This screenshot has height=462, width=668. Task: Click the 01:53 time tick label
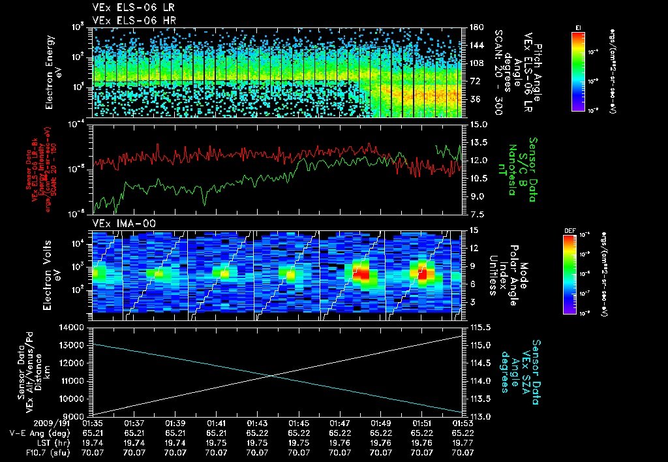coord(463,423)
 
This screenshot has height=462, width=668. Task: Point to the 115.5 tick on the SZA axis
coord(481,327)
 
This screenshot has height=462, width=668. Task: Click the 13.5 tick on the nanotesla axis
coord(479,142)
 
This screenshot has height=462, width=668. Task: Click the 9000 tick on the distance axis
coord(76,416)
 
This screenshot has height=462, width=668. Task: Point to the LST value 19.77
coord(463,442)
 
